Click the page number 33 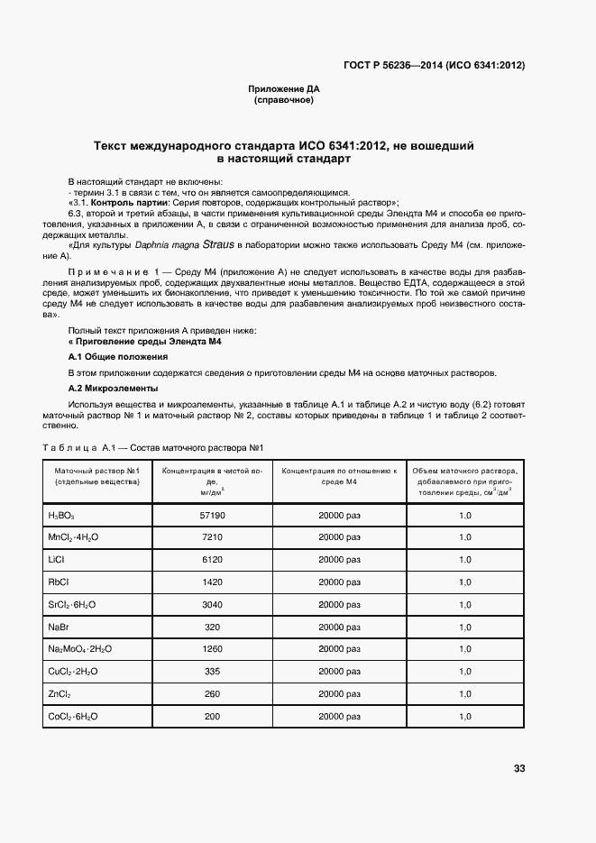[518, 768]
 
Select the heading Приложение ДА [284, 89]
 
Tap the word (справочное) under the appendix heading [284, 100]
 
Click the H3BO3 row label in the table [61, 515]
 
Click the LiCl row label [56, 560]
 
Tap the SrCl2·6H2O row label [73, 604]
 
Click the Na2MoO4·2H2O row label [79, 649]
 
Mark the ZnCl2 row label [60, 694]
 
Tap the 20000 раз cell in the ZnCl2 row [339, 694]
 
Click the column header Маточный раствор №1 [96, 471]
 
